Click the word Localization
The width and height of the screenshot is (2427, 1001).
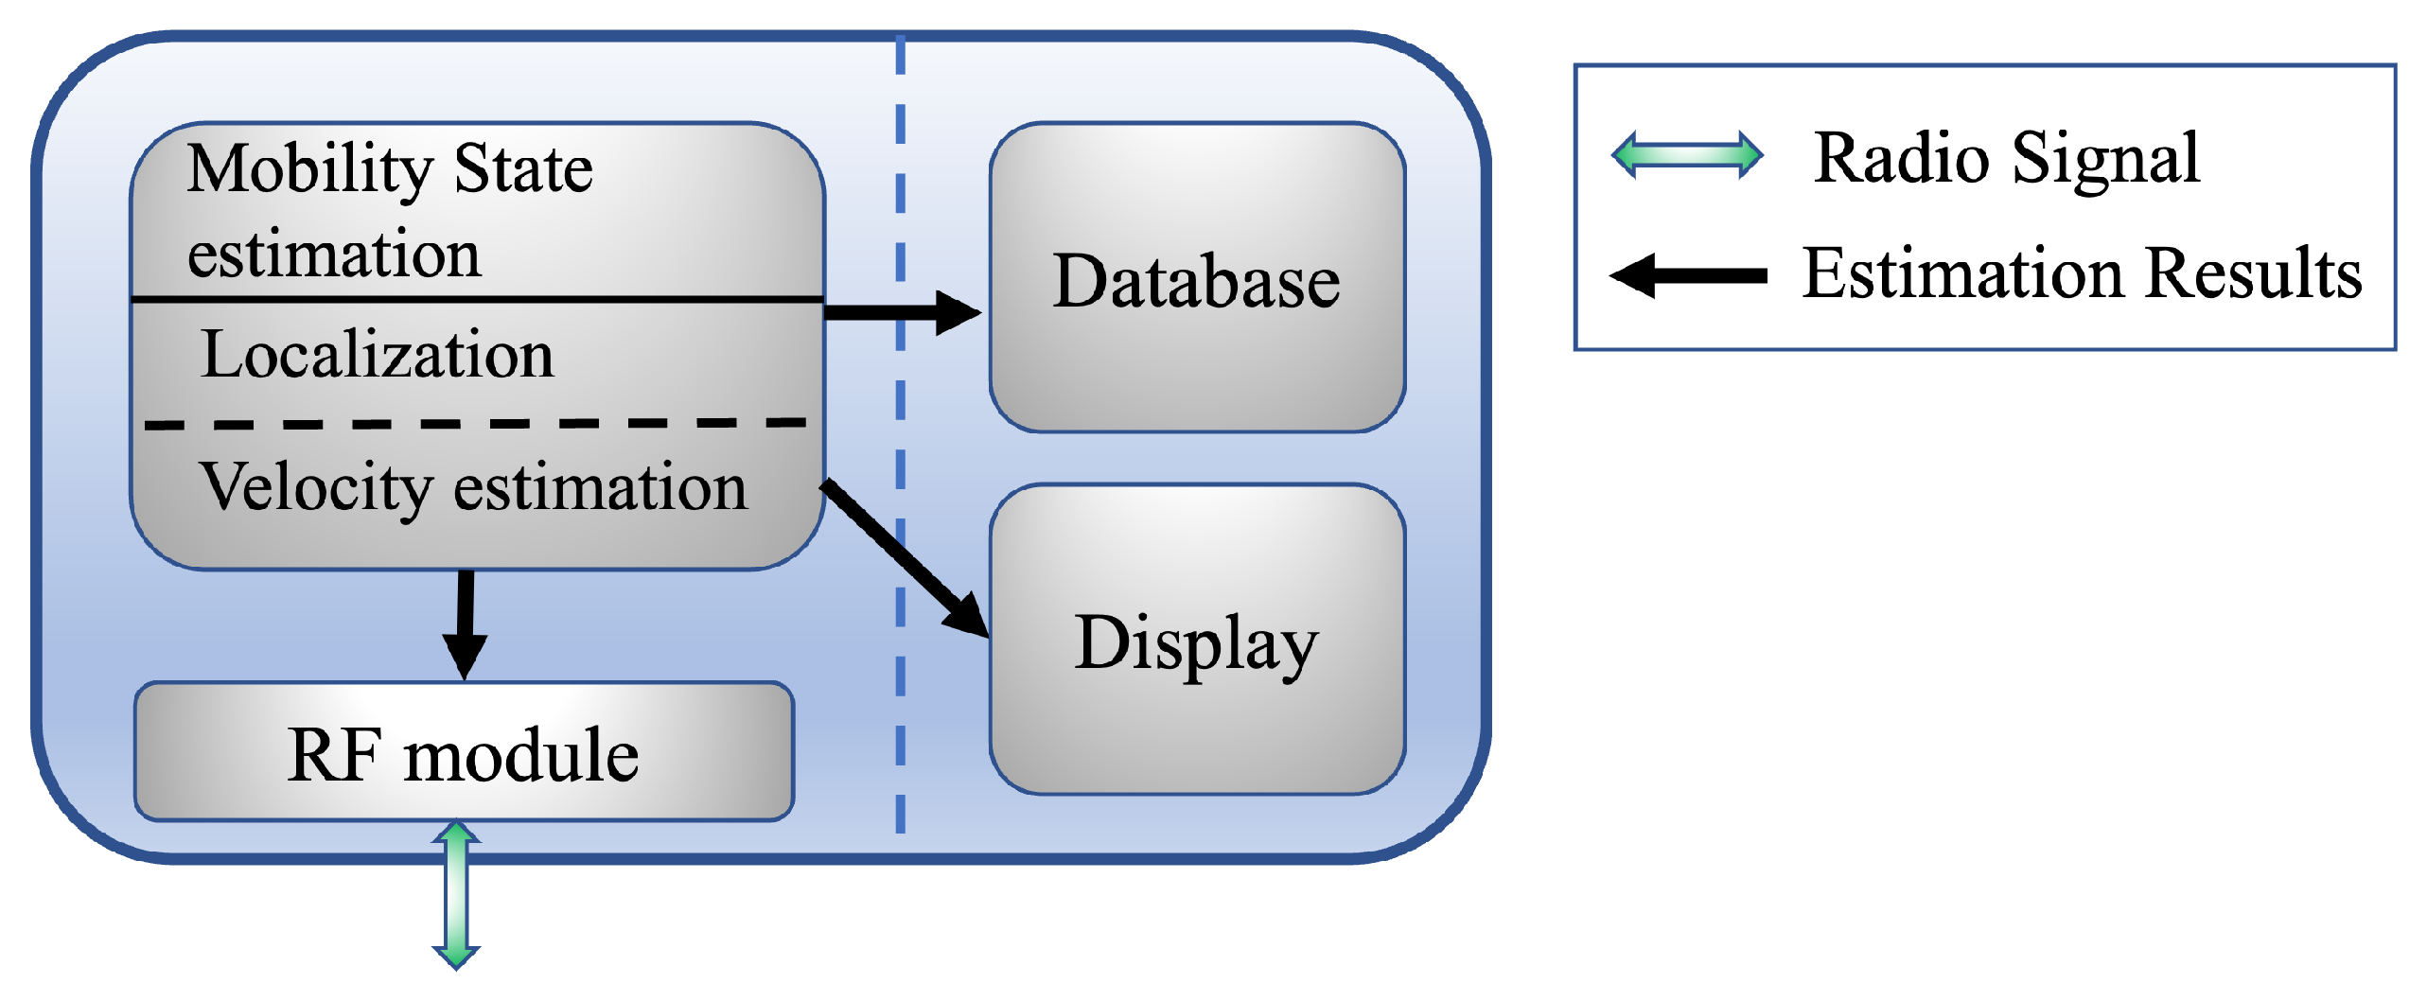[x=378, y=355]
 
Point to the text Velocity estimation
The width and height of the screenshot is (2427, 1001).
[x=473, y=487]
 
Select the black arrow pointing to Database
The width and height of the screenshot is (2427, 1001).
[x=899, y=311]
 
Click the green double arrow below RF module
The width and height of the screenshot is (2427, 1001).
[x=456, y=894]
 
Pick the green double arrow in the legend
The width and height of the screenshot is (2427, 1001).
[x=1687, y=155]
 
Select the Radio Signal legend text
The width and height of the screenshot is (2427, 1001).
[x=2007, y=158]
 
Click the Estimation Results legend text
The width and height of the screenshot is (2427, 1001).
[x=2082, y=273]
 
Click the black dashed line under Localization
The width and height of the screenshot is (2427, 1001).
[x=473, y=424]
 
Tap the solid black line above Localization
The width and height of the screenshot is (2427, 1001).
[x=473, y=299]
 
